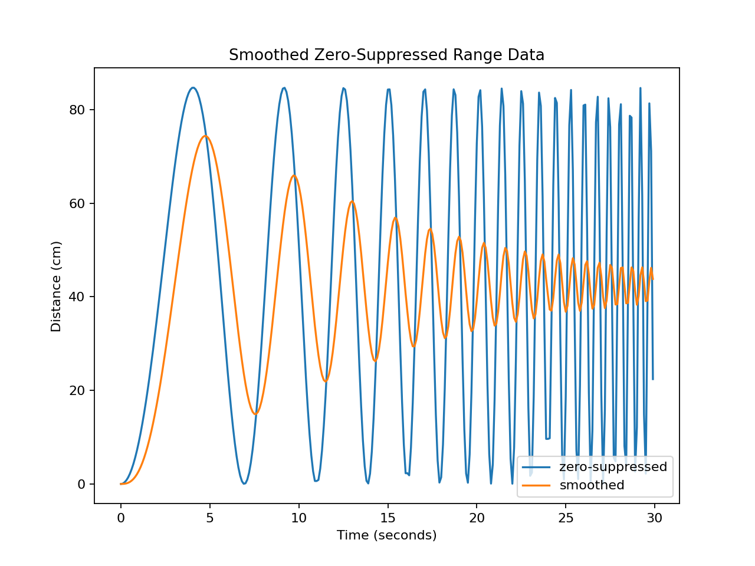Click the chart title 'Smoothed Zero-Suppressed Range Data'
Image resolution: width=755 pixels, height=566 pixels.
click(386, 55)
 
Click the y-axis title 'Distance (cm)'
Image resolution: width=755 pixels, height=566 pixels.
click(56, 287)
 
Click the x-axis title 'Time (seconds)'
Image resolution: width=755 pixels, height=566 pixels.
click(386, 535)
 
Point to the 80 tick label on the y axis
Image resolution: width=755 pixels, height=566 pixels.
click(78, 110)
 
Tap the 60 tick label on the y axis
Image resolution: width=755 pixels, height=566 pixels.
click(78, 203)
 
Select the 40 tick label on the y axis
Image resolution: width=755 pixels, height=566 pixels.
click(78, 297)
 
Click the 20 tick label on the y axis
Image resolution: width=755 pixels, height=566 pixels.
click(78, 390)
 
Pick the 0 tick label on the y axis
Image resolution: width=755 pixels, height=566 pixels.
click(81, 484)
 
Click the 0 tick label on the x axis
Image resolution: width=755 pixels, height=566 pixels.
click(121, 518)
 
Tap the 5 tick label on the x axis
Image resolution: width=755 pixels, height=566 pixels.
click(210, 518)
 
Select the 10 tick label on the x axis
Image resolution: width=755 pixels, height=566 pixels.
click(299, 518)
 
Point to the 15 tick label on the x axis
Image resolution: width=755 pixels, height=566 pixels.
click(388, 518)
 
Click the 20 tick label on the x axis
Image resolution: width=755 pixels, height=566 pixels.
click(477, 518)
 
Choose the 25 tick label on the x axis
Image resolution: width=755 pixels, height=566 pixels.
click(566, 518)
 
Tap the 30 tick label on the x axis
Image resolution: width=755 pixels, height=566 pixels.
click(655, 518)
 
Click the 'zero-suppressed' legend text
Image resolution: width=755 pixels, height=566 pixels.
click(613, 467)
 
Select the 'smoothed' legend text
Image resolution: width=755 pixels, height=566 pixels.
click(592, 485)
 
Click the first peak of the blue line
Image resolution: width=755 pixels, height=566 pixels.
click(193, 88)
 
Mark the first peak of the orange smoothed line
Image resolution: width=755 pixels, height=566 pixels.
click(205, 136)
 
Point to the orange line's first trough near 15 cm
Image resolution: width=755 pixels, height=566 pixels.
click(255, 414)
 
